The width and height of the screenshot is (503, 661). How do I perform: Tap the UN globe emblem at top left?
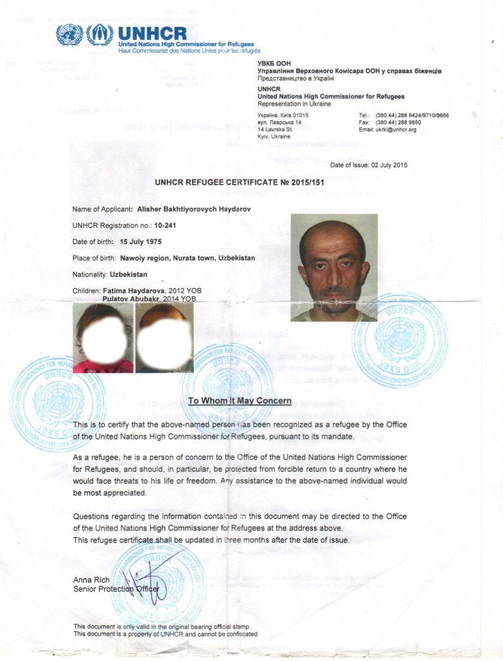pos(69,34)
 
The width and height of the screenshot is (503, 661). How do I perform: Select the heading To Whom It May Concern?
pos(240,401)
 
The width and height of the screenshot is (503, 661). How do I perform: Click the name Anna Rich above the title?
pos(90,580)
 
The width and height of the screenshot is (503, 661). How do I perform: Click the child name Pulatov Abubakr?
pos(133,299)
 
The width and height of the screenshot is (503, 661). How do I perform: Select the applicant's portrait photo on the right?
pos(334,267)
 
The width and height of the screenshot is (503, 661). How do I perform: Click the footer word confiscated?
pos(238,634)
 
